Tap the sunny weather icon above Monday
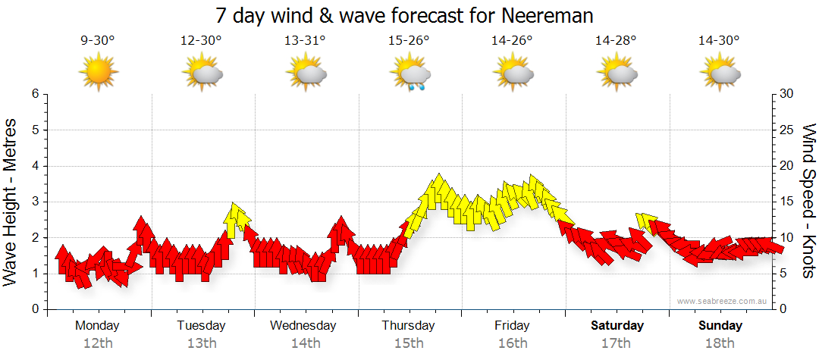[98, 73]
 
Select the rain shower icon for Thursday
[409, 74]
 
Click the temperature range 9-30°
[98, 42]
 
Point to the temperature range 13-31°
[305, 42]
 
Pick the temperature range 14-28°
[616, 42]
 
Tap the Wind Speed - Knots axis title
[808, 202]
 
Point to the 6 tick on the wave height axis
[34, 94]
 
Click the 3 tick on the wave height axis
[34, 202]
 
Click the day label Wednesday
[303, 326]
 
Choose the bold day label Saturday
[617, 326]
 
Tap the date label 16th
[513, 343]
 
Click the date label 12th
[98, 343]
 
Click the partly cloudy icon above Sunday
[720, 74]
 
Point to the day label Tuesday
[201, 326]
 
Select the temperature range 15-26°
[409, 42]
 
